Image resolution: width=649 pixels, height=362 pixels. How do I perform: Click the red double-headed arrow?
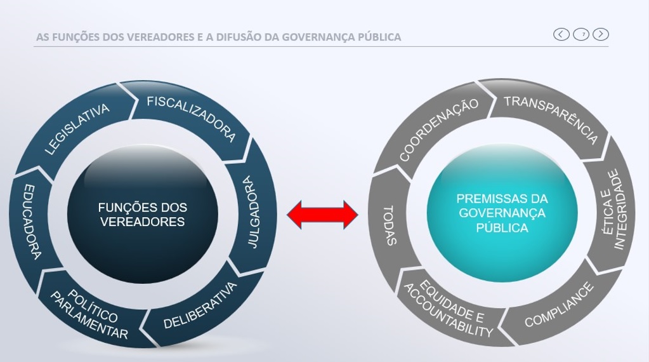pyautogui.click(x=322, y=215)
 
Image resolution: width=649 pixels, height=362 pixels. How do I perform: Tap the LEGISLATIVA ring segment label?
pyautogui.click(x=77, y=130)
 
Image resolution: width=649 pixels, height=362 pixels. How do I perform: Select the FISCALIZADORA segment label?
pyautogui.click(x=191, y=118)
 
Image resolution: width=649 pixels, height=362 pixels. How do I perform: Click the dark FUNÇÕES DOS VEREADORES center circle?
pyautogui.click(x=142, y=214)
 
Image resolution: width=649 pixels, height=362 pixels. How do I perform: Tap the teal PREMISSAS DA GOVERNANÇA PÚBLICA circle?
pyautogui.click(x=502, y=213)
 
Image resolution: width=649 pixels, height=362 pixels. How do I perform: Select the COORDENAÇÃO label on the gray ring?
pyautogui.click(x=438, y=130)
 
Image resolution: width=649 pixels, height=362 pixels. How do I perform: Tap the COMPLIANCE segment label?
pyautogui.click(x=559, y=305)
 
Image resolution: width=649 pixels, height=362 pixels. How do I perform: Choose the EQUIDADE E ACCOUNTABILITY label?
pyautogui.click(x=449, y=309)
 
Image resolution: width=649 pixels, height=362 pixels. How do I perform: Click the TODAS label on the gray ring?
pyautogui.click(x=390, y=225)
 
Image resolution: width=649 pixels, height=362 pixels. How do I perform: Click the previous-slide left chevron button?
pyautogui.click(x=561, y=34)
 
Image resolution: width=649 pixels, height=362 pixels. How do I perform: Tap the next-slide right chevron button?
pyautogui.click(x=601, y=34)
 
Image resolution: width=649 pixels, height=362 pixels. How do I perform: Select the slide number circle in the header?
pyautogui.click(x=581, y=34)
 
